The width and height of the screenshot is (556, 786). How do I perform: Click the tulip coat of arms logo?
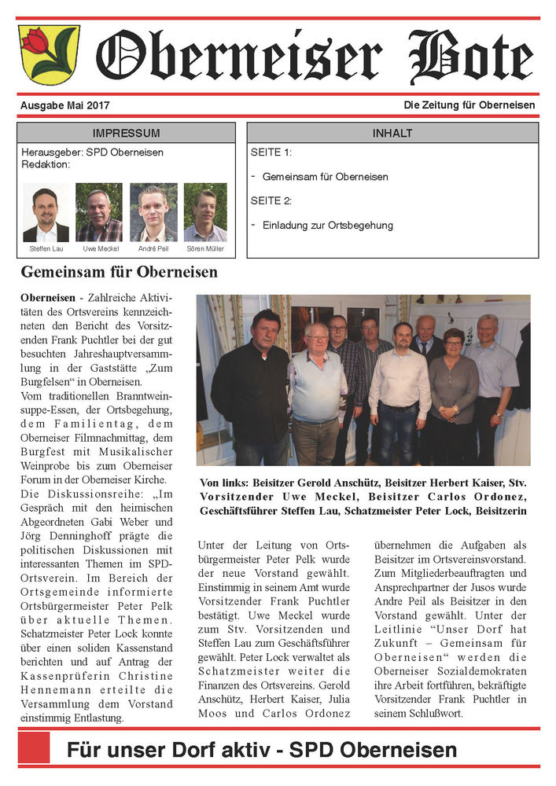(49, 54)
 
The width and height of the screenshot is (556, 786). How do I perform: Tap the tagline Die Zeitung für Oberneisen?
(469, 105)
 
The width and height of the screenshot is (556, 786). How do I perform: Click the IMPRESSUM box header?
(126, 133)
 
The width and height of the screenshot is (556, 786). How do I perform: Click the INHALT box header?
(392, 133)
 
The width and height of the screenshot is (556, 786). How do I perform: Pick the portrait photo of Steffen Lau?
(46, 213)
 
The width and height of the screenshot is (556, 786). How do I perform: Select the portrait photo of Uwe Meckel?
(99, 213)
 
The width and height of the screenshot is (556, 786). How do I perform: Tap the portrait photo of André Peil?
(153, 213)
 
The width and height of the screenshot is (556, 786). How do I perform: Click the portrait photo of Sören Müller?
(205, 213)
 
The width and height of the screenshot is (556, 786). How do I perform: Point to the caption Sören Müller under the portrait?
(205, 249)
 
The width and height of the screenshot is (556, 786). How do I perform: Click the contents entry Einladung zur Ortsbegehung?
(327, 226)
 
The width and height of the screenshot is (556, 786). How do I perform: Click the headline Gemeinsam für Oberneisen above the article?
(119, 274)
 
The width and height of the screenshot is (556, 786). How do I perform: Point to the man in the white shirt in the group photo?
(400, 385)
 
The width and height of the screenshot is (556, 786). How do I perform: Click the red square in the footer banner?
(34, 747)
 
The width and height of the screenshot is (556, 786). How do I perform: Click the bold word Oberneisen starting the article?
(48, 299)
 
